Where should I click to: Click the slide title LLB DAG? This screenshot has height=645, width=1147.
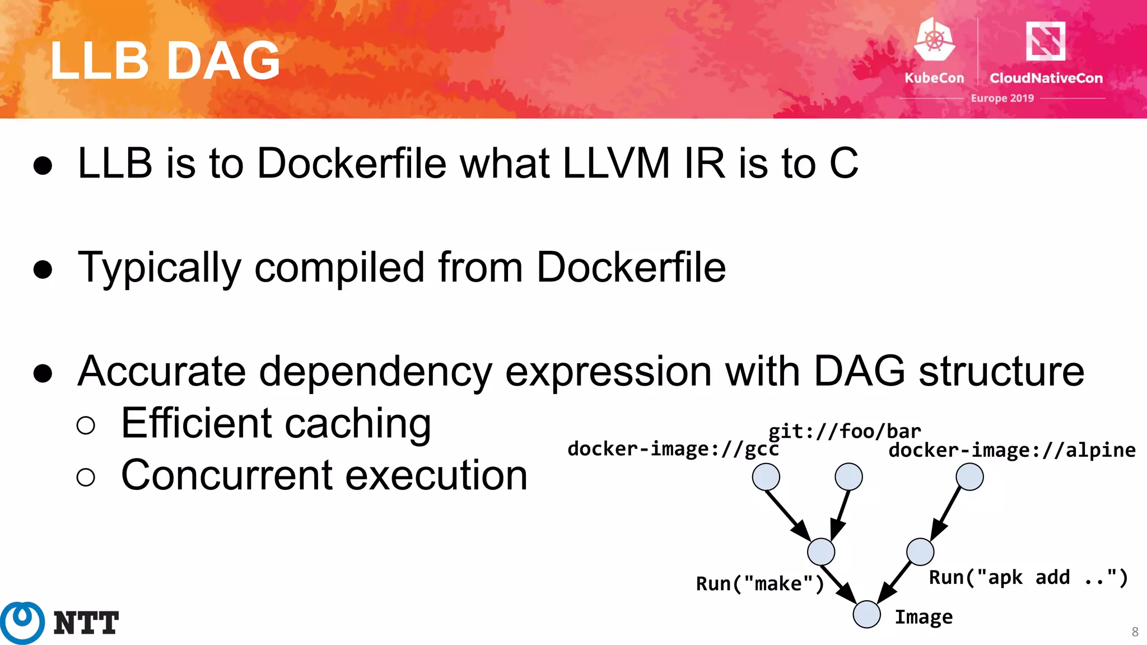click(165, 60)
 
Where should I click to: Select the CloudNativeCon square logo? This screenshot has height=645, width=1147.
click(1045, 40)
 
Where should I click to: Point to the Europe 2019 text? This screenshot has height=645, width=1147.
click(1002, 98)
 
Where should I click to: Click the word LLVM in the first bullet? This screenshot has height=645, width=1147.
click(616, 163)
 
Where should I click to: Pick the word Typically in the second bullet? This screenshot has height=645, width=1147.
click(159, 268)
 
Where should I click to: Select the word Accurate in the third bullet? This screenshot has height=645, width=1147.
click(161, 371)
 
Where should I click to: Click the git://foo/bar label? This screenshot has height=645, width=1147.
click(845, 431)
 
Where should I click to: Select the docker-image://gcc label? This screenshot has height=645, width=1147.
click(673, 449)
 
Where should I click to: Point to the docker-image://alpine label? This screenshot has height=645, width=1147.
click(1011, 450)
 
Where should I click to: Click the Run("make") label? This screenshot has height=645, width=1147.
click(759, 584)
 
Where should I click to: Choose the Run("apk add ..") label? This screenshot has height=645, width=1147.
click(1028, 577)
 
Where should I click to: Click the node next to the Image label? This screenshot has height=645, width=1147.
click(867, 614)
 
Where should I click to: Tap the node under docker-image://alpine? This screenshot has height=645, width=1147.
click(969, 477)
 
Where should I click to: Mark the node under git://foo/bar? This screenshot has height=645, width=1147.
click(848, 477)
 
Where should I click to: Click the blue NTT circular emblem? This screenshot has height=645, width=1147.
click(22, 623)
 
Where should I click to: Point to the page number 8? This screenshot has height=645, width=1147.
click(1135, 632)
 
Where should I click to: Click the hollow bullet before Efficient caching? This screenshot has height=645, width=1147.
click(86, 426)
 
